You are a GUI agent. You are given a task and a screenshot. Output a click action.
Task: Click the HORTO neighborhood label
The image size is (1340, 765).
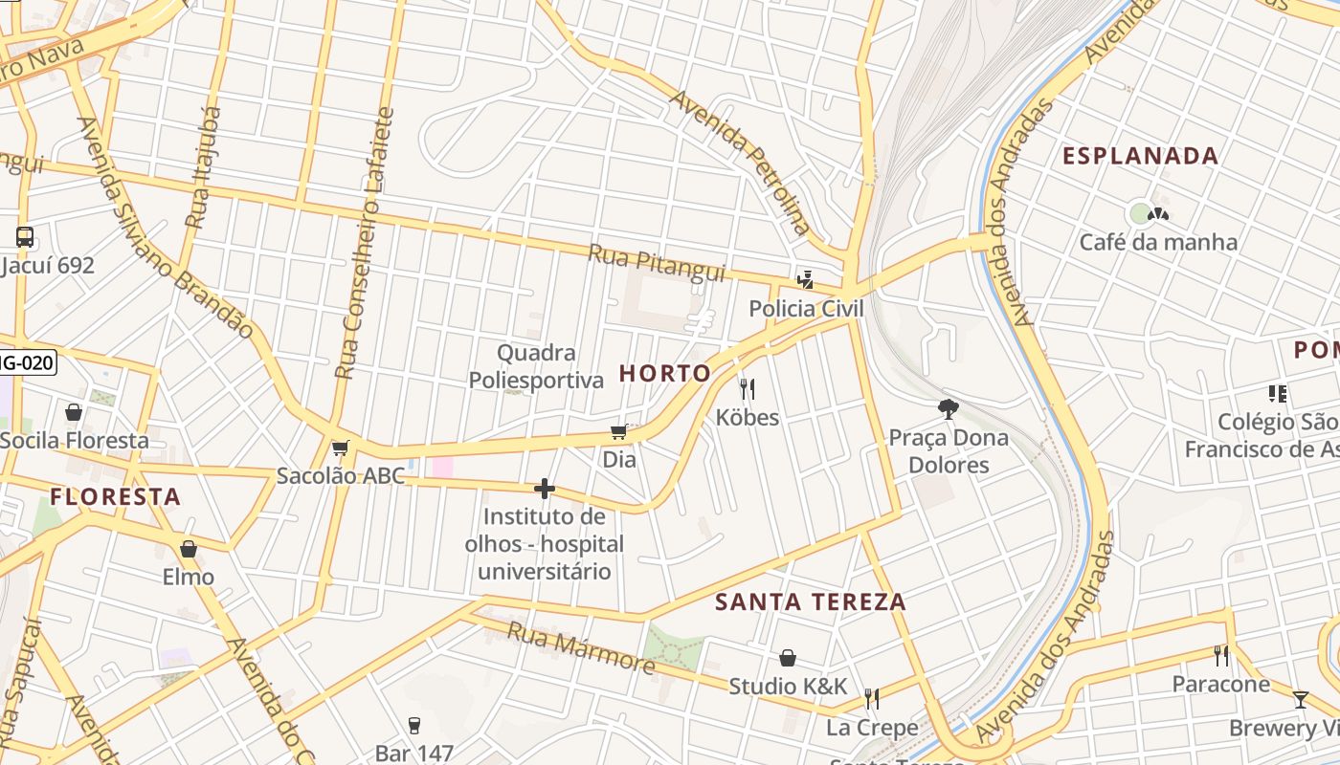pos(665,373)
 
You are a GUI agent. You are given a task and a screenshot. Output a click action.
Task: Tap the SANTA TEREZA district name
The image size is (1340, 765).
pos(811,601)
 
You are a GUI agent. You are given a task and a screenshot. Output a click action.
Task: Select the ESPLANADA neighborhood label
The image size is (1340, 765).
pos(1140,156)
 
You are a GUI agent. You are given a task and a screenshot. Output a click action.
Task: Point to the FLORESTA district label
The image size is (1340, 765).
pos(115,496)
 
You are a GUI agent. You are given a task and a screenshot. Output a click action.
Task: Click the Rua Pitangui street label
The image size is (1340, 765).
pos(657,263)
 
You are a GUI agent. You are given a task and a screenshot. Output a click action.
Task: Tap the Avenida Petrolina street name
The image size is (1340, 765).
pos(740,163)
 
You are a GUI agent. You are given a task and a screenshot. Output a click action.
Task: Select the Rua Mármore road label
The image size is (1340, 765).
pos(581,647)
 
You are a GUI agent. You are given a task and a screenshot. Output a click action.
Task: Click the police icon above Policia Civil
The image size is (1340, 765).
pos(805,279)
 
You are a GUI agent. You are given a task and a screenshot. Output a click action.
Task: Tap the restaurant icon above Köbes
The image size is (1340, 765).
pos(748,388)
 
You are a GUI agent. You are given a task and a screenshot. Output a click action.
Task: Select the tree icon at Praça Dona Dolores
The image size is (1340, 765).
pos(949,409)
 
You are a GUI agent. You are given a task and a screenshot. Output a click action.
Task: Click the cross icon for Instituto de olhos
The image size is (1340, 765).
pos(545,489)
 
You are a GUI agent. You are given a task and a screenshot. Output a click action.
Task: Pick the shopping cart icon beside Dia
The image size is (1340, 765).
pos(618,432)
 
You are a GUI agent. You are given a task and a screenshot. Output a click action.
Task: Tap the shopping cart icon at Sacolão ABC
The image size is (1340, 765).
pos(340,448)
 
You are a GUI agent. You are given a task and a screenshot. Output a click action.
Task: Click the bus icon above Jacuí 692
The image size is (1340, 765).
pos(25,237)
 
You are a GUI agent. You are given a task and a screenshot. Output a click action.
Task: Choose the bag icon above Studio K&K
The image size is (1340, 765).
pos(788,658)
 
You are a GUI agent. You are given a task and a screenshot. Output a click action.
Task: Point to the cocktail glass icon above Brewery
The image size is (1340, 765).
pos(1300,700)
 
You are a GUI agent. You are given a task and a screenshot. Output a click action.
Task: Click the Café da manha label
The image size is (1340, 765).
pos(1158,242)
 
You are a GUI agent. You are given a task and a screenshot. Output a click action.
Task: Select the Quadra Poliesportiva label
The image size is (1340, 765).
pos(536,366)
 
